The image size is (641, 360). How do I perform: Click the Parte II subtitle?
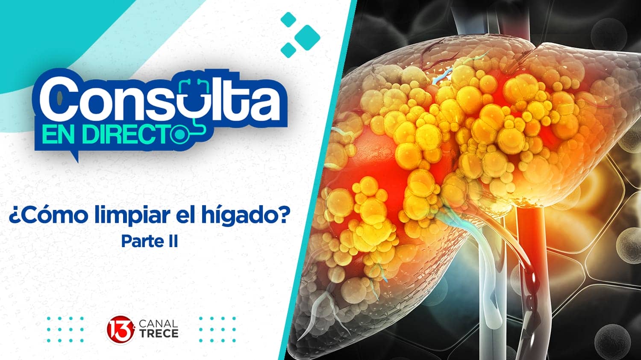coord(149,242)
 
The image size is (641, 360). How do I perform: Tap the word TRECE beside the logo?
coord(159,334)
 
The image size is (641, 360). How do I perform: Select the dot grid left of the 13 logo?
coord(65,330)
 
